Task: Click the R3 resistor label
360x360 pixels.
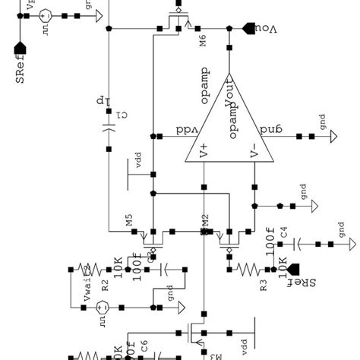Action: click(264, 285)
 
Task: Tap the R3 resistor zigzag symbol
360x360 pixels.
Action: click(248, 268)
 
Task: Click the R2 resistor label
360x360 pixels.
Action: click(106, 285)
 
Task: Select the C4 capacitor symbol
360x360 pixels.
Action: click(298, 244)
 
